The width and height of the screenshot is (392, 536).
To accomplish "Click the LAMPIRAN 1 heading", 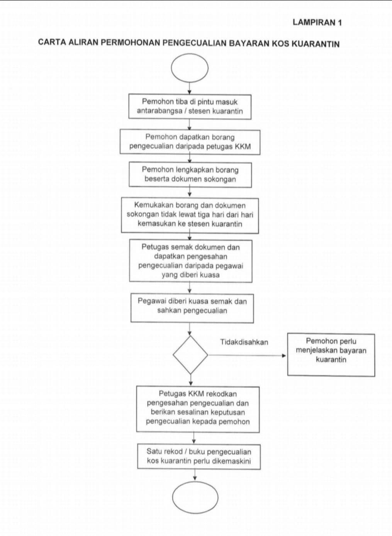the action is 317,23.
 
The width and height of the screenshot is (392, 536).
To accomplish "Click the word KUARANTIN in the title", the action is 316,44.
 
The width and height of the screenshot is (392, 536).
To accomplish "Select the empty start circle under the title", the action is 190,68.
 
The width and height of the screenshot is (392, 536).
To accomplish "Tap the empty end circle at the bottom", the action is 195,497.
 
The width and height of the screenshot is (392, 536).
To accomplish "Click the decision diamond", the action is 190,355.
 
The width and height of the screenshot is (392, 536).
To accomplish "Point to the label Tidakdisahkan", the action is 244,342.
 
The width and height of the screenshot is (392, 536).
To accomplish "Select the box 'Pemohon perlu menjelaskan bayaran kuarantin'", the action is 331,355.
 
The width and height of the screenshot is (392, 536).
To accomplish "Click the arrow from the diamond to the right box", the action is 247,356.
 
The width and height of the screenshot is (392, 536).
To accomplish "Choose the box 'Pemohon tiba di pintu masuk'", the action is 190,107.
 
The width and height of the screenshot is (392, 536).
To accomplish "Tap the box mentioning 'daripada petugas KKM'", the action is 190,142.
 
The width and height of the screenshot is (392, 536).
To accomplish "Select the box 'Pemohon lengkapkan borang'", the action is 190,175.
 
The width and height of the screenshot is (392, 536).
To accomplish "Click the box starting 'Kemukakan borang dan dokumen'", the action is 190,215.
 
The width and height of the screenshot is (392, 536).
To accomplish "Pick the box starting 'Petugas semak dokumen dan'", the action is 191,261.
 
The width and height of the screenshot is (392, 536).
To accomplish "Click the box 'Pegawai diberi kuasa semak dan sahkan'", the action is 192,309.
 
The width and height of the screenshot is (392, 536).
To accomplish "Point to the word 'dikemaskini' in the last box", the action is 232,461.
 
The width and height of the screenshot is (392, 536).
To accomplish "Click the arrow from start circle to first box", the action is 190,88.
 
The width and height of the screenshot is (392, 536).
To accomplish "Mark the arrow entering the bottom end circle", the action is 195,475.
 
